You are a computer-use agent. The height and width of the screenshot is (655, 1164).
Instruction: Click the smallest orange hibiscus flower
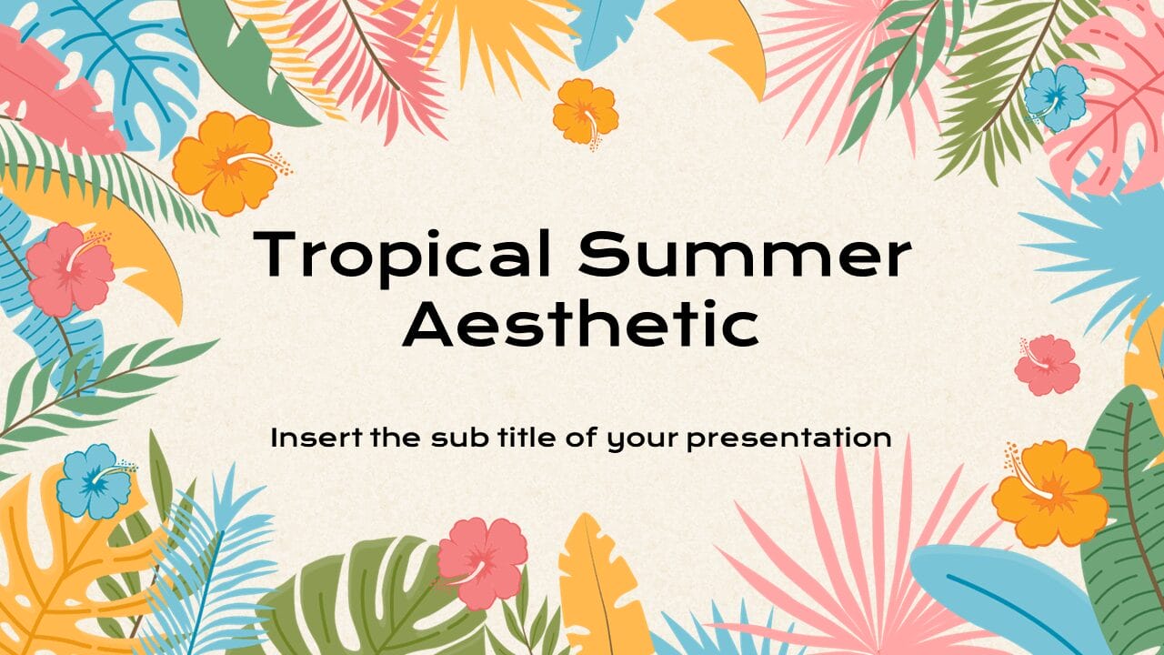(585, 112)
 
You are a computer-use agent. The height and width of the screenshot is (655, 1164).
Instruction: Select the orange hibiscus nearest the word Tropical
(224, 164)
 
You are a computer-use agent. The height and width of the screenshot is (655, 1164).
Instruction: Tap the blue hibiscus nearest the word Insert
(94, 481)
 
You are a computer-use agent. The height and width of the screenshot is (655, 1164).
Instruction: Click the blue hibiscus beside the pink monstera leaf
(1055, 97)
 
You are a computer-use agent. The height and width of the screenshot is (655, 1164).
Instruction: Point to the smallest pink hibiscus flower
(1047, 364)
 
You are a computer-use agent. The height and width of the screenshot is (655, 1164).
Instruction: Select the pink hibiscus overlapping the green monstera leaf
(481, 561)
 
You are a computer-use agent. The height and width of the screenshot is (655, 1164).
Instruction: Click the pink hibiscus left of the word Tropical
(71, 269)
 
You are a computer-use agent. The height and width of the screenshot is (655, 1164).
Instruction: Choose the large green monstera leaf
(364, 600)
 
